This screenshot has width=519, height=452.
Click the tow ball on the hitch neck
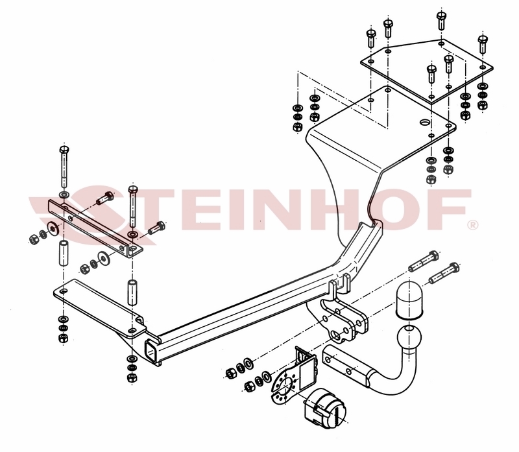click(409, 339)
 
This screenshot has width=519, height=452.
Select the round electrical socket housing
click(324, 409)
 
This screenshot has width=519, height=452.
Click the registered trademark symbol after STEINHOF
click(472, 225)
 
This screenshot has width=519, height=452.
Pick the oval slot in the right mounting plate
click(426, 122)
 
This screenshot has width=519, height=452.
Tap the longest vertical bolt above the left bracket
click(64, 167)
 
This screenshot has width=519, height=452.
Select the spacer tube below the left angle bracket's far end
click(64, 253)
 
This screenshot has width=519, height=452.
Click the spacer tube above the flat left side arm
click(133, 292)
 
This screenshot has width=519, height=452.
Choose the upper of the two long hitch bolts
click(424, 261)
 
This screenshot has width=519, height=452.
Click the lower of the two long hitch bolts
click(444, 273)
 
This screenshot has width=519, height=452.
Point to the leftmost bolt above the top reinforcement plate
click(371, 39)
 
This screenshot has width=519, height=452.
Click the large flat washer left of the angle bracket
click(53, 228)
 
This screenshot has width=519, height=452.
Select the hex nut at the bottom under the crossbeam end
click(132, 377)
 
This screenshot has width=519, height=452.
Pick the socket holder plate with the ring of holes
click(283, 385)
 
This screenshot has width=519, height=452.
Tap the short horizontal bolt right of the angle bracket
click(156, 228)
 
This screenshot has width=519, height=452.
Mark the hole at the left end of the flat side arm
click(63, 292)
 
